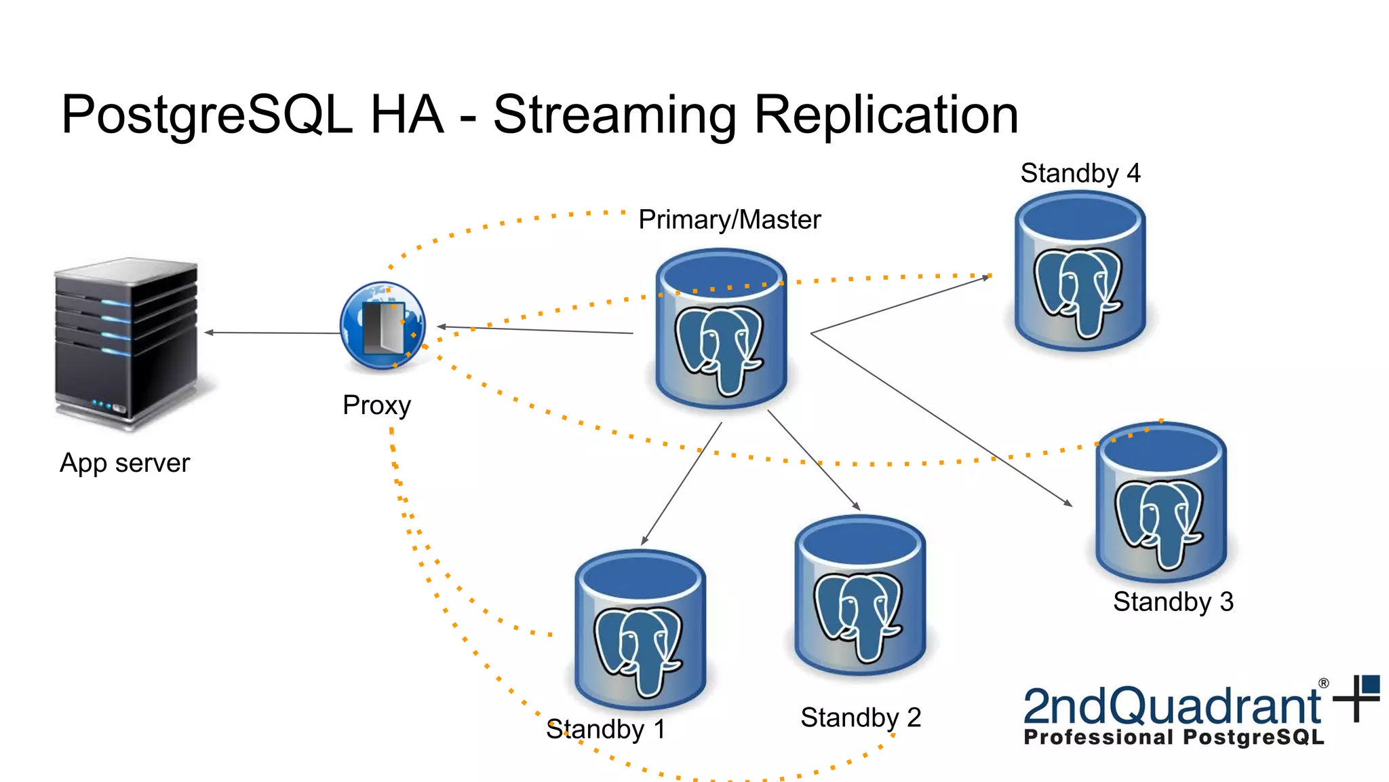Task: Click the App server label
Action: tap(125, 463)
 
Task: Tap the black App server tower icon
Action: tap(126, 343)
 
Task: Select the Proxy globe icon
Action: tap(383, 326)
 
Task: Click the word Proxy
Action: tap(376, 405)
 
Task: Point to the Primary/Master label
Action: tap(729, 219)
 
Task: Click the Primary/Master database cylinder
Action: tap(721, 329)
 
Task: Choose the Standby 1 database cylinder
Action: tap(640, 630)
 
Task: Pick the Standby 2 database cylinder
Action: tap(860, 595)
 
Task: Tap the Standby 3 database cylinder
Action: tap(1161, 502)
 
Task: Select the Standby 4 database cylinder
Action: tap(1080, 272)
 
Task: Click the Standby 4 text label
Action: tap(1080, 173)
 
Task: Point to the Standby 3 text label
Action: tap(1173, 601)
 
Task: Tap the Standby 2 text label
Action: tap(861, 718)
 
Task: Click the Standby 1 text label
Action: tap(606, 729)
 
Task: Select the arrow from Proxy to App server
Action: tap(271, 333)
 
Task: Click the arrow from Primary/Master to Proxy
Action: tap(536, 330)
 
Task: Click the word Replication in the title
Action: tap(886, 115)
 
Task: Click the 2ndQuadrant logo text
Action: tap(1171, 706)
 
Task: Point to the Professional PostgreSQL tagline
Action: tap(1173, 737)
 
